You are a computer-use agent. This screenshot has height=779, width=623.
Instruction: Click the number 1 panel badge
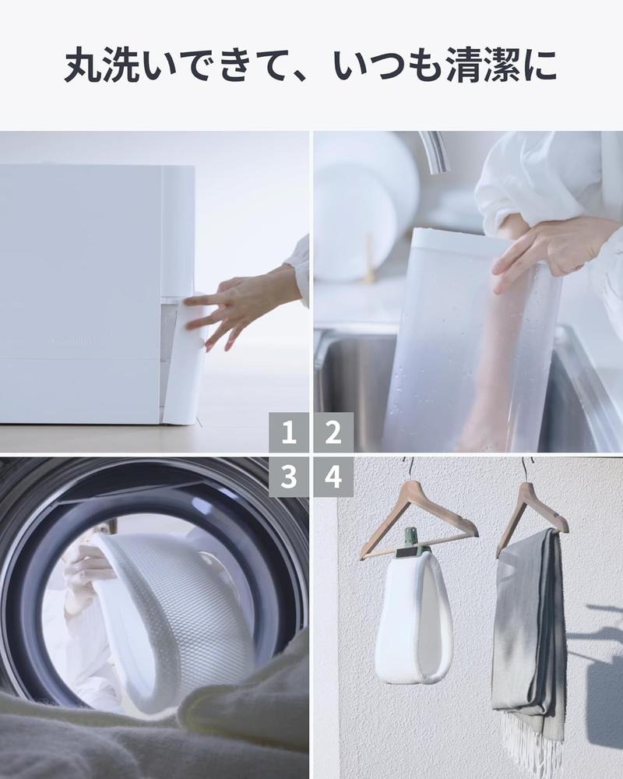[289, 432]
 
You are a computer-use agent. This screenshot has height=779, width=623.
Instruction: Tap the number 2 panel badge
[333, 432]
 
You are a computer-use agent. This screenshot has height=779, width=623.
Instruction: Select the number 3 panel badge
[289, 477]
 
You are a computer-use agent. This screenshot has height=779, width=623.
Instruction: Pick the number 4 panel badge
[333, 477]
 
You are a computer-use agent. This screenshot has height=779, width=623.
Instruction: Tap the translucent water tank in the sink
[467, 351]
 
